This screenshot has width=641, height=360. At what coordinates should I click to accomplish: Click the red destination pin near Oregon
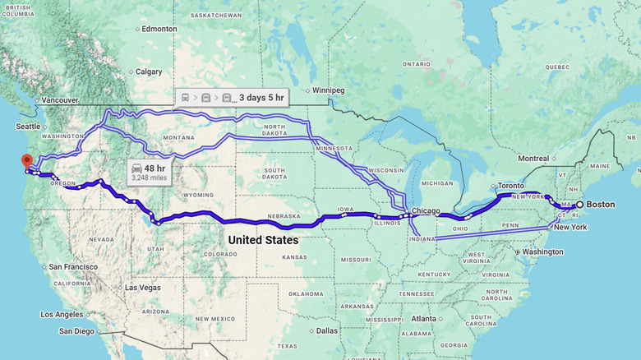tap(26, 160)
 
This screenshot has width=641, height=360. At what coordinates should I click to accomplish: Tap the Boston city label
tap(600, 204)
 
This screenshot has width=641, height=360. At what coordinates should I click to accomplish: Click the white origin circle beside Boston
tap(579, 204)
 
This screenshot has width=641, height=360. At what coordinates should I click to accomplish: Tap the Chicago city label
tap(426, 210)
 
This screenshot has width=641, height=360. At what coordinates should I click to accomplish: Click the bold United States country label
tap(263, 240)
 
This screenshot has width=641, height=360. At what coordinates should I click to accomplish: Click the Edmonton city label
tap(159, 29)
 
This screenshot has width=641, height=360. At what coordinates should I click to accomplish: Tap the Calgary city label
tap(148, 72)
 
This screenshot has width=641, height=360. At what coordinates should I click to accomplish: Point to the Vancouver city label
tap(59, 100)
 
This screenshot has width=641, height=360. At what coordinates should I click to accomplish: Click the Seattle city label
tap(27, 127)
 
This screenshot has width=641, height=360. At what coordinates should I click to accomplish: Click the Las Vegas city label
tap(142, 288)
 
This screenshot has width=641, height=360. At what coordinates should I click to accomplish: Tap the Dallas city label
tap(325, 330)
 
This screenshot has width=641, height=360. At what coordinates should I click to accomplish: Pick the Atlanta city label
tap(424, 319)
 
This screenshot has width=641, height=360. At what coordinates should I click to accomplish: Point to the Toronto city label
tap(510, 186)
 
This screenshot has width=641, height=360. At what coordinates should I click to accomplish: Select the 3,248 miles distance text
tap(149, 177)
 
